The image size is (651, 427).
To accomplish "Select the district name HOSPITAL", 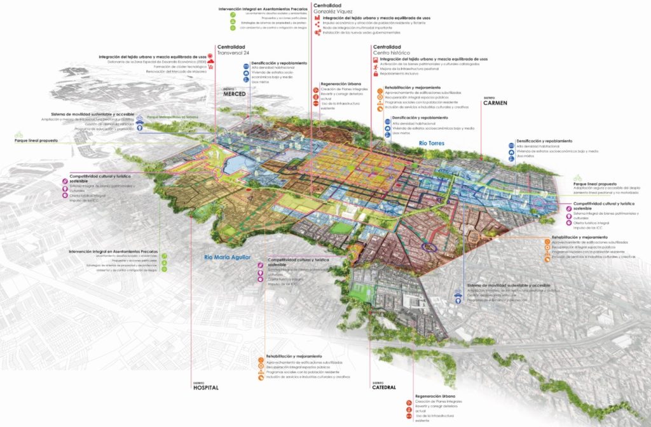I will click(x=205, y=388).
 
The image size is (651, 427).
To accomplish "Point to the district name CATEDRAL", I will click(x=384, y=388).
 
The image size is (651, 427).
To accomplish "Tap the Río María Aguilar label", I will click(x=228, y=257).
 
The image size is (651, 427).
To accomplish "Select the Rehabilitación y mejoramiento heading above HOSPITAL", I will click(x=294, y=356).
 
